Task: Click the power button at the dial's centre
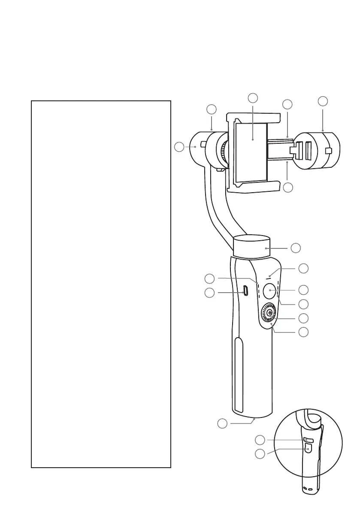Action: tap(269, 314)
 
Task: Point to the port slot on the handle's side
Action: tap(245, 290)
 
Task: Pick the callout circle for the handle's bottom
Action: tap(222, 424)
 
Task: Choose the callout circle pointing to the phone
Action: tap(253, 97)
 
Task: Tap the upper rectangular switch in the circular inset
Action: tap(308, 440)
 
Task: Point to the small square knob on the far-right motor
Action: tap(329, 151)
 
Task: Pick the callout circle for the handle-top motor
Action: tap(295, 248)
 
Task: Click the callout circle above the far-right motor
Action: tap(323, 101)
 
